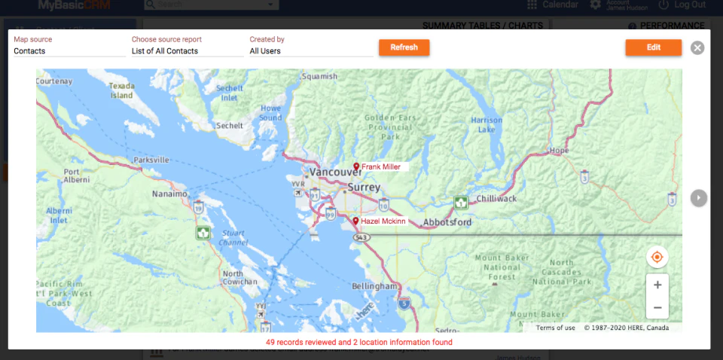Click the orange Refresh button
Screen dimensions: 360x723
[404, 47]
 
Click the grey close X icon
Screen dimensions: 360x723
[697, 48]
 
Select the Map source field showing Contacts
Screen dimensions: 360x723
[69, 51]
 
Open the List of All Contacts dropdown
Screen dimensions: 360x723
[186, 51]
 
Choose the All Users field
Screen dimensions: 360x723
[310, 51]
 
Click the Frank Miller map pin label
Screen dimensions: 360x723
[381, 166]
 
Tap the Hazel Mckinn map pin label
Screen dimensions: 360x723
[383, 221]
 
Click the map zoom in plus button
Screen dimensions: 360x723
[657, 285]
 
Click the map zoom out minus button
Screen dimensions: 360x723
[657, 307]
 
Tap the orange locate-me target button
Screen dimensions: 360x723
[657, 257]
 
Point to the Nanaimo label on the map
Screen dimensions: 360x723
[169, 194]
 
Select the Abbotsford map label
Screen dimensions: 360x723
[447, 222]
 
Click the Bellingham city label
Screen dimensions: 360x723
[374, 286]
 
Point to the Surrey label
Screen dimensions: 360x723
[365, 187]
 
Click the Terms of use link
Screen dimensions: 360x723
[556, 328]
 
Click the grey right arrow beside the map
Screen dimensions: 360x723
[699, 197]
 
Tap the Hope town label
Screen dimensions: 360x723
[560, 151]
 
